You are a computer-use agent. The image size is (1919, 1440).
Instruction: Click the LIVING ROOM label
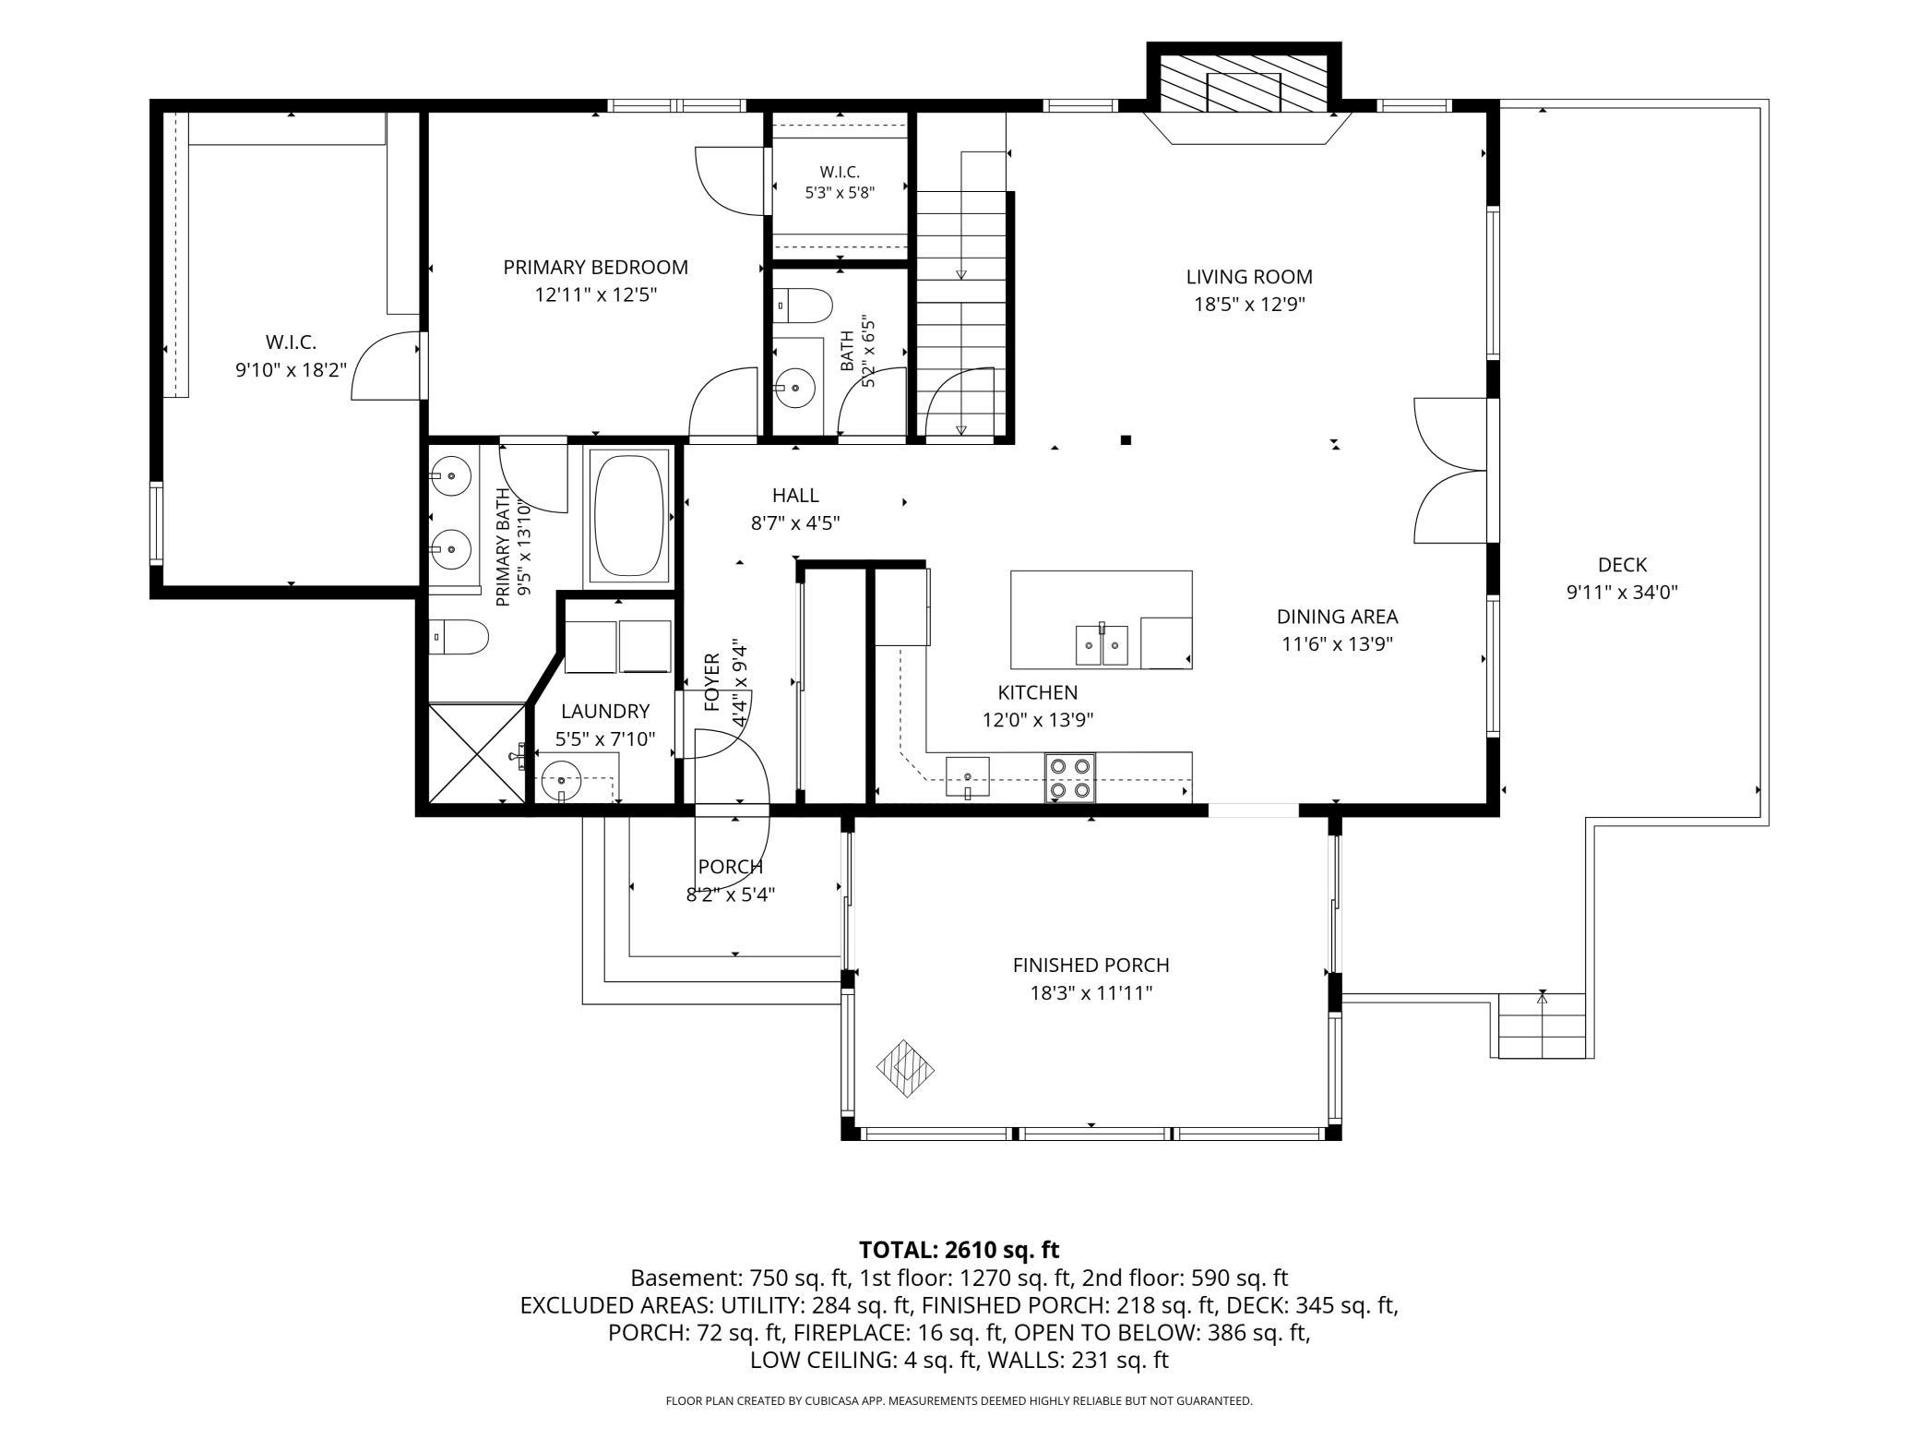[x=1249, y=276]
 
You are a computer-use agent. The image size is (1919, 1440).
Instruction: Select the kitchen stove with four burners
[x=1070, y=777]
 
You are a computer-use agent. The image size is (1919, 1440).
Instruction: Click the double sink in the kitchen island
[x=1102, y=644]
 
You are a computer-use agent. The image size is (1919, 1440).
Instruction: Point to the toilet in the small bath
[x=803, y=305]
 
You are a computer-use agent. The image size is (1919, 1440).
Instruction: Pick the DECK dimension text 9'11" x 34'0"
[x=1622, y=593]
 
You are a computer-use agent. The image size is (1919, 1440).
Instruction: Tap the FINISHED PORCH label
[x=1091, y=965]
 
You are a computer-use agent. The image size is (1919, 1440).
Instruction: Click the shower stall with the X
[x=476, y=752]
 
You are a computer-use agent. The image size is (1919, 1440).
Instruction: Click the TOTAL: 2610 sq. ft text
[x=959, y=1250]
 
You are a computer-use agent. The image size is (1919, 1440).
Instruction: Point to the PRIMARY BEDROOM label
[x=595, y=267]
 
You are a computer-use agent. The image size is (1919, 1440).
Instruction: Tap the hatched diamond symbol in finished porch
[x=905, y=1069]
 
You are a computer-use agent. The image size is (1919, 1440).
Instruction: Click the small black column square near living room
[x=1126, y=440]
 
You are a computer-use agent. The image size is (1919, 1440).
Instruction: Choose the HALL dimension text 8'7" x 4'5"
[x=795, y=523]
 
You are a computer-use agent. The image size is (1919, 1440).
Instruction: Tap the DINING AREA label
[x=1337, y=616]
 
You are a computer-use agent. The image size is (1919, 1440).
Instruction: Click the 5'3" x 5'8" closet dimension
[x=840, y=193]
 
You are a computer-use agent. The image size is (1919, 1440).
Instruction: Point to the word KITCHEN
[x=1037, y=692]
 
